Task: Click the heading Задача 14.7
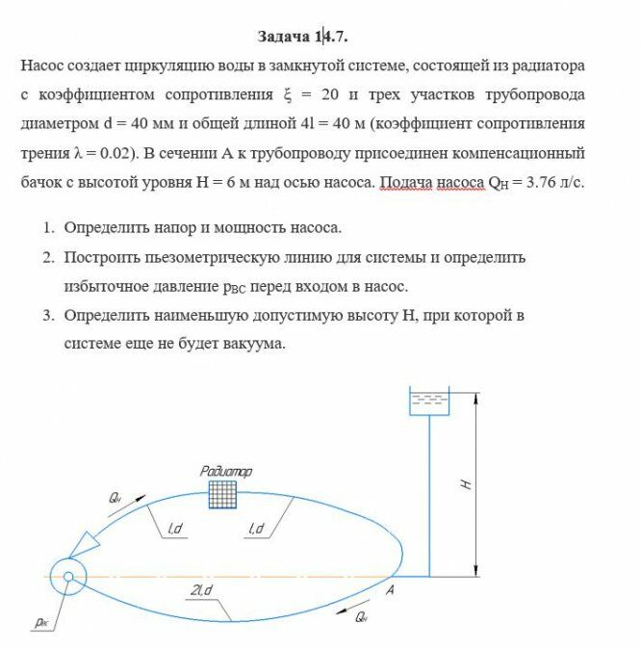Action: [302, 37]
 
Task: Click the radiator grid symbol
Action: [224, 494]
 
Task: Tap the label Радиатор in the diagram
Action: [225, 471]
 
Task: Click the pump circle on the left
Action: [68, 577]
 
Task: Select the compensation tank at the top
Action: [429, 403]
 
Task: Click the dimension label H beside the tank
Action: [465, 484]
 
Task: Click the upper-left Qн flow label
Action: [115, 497]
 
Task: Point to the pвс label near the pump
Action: [43, 622]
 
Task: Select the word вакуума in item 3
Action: [253, 344]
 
